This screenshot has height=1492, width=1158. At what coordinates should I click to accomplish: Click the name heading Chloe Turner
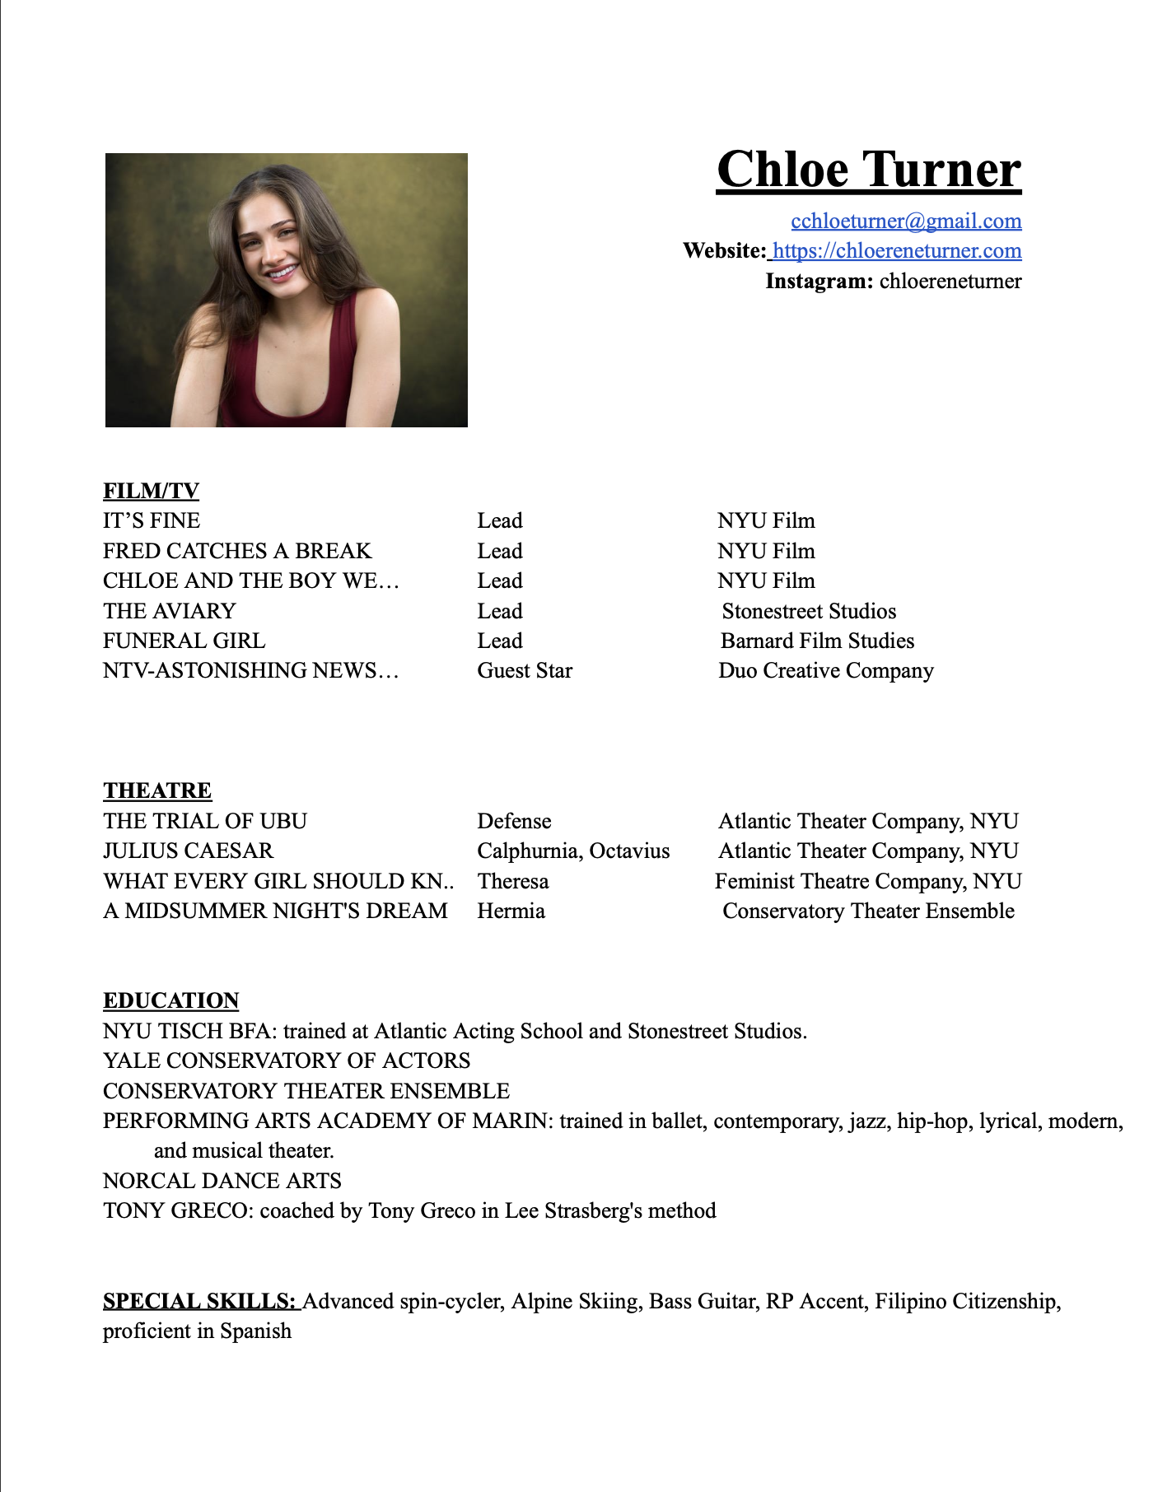(869, 170)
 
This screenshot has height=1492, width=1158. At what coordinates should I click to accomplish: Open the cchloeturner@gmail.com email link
(906, 221)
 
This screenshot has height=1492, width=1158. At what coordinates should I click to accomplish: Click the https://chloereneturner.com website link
(897, 250)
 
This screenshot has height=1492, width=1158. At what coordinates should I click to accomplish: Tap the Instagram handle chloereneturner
(950, 281)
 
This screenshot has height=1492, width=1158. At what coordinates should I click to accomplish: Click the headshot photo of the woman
(287, 290)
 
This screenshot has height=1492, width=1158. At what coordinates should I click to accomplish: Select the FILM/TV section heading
(151, 491)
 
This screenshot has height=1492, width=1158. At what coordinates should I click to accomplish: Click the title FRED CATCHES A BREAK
(237, 550)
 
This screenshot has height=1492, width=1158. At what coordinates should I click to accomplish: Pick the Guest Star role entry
(525, 670)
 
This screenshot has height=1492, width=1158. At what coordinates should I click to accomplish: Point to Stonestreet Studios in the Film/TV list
(809, 611)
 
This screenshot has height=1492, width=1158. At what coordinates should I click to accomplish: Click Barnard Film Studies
(817, 641)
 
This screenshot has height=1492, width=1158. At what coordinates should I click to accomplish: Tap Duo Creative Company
(825, 670)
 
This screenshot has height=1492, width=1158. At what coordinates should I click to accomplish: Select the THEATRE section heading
(157, 790)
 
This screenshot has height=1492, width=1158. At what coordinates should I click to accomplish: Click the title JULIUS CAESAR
(188, 851)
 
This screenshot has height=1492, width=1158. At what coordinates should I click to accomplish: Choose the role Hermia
(511, 911)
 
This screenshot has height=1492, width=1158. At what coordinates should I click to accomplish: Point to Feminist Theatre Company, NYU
(868, 881)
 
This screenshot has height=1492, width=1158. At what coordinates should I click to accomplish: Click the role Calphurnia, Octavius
(573, 851)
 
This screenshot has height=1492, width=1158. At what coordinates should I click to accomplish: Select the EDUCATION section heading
(170, 1000)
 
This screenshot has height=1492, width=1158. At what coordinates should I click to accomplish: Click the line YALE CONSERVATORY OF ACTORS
(287, 1061)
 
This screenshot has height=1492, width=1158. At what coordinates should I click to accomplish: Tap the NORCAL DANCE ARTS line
(222, 1181)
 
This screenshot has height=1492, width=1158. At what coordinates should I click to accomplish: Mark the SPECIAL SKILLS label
(199, 1301)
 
